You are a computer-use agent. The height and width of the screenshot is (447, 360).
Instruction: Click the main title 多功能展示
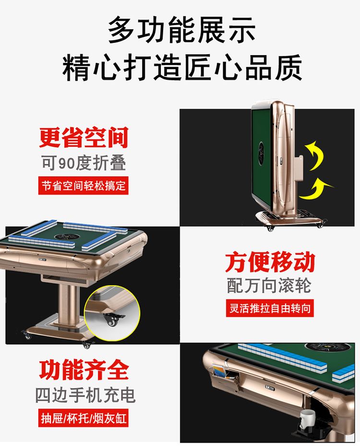point(181,30)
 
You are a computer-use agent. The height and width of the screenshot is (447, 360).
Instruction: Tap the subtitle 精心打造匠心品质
point(182,68)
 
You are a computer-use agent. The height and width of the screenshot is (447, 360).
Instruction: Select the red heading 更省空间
point(84,138)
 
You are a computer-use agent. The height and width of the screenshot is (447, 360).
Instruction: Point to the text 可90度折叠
point(84,163)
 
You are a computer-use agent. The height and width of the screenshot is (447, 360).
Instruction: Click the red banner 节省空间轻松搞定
point(84,186)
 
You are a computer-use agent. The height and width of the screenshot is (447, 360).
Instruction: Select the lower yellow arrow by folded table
point(316,189)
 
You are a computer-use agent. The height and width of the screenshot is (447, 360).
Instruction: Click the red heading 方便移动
point(270,262)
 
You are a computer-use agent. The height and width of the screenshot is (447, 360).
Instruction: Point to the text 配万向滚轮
point(269,285)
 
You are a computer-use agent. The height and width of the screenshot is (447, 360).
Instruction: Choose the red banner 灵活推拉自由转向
point(270,308)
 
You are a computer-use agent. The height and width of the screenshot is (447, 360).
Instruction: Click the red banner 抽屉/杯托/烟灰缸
point(84,418)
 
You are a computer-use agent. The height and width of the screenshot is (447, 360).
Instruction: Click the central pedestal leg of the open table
point(68,304)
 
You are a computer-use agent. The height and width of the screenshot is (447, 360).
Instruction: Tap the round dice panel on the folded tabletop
point(262,151)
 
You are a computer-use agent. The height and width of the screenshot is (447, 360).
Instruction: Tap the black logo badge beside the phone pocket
point(270,388)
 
